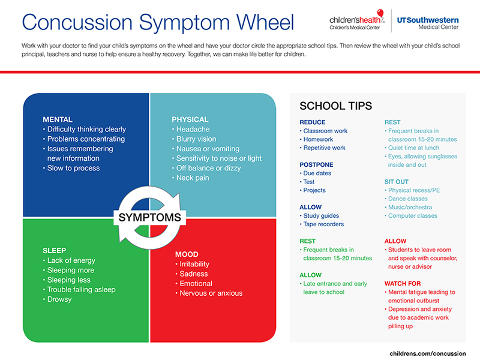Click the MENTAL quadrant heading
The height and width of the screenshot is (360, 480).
58,119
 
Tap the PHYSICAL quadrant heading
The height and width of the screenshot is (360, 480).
190,119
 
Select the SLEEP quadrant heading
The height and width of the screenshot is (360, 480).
55,250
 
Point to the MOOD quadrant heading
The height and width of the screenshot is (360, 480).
187,254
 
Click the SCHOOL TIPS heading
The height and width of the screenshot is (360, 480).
335,106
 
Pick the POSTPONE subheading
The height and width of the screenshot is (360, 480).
316,164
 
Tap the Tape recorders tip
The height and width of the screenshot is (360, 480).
323,224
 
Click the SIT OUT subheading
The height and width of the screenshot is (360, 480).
397,181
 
